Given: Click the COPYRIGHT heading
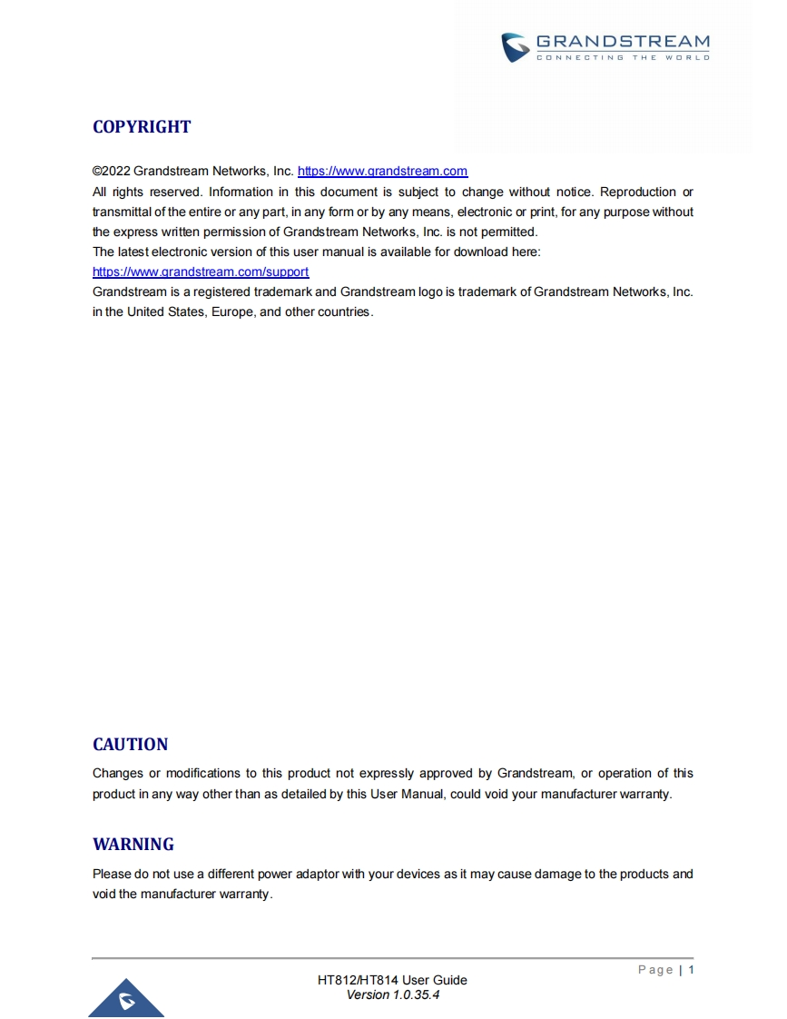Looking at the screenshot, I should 142,127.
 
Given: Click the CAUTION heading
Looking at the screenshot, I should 130,745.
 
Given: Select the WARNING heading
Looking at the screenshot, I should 133,845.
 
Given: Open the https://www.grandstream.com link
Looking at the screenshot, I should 382,171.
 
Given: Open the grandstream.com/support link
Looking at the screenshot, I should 201,272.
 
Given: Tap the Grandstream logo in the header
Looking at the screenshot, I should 606,47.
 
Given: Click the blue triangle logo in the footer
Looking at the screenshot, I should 126,999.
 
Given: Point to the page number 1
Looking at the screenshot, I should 691,970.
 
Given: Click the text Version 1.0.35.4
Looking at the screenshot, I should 392,994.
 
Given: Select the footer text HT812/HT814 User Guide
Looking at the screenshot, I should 392,980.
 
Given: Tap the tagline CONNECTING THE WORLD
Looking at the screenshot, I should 623,58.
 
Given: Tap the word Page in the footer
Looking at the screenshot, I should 655,970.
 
